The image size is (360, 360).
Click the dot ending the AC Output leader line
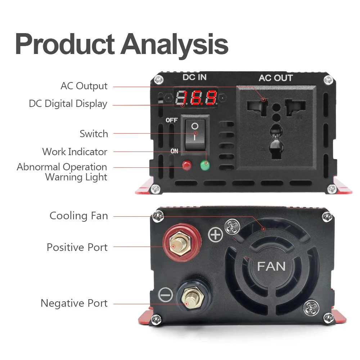pos(264,100)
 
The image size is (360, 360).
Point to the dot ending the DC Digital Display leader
pos(183,105)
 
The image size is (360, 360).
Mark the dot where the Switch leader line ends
pos(196,134)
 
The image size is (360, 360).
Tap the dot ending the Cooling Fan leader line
pos(264,229)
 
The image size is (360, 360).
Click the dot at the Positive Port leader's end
pos(173,247)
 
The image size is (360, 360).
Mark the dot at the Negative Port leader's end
pos(186,304)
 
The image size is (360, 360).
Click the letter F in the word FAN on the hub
pos(261,266)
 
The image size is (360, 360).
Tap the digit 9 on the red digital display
pos(211,97)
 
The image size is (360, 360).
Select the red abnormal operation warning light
pos(187,165)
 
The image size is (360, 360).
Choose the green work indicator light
pos(205,165)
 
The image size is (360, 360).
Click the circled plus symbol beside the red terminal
pos(215,235)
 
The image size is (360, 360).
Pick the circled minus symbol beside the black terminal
pos(166,294)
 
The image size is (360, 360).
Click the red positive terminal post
pos(182,243)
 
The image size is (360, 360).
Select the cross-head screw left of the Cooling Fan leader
pos(158,216)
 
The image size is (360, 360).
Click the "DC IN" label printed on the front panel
pos(194,77)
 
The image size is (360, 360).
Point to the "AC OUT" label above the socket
pos(276,78)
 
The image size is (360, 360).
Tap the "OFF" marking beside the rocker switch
pos(171,120)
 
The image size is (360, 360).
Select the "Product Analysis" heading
pos(122,44)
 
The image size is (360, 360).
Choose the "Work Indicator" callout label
pos(75,152)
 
